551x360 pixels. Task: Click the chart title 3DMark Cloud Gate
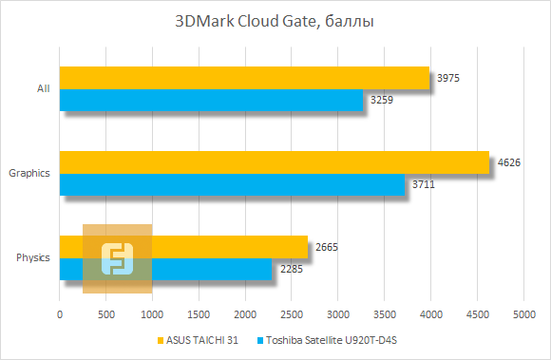click(275, 22)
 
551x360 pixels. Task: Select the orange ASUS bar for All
click(244, 77)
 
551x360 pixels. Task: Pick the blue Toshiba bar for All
click(211, 100)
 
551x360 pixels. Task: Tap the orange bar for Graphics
click(274, 162)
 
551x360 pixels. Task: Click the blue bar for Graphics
click(232, 184)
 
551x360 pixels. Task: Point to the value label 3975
click(448, 78)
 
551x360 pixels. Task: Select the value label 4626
click(509, 162)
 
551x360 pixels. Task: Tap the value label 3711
click(424, 184)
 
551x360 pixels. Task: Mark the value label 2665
click(327, 248)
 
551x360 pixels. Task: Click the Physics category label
click(32, 258)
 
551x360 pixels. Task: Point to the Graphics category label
click(28, 173)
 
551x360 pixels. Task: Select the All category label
click(43, 88)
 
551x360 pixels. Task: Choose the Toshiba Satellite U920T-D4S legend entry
click(338, 340)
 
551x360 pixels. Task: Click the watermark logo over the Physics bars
click(117, 259)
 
